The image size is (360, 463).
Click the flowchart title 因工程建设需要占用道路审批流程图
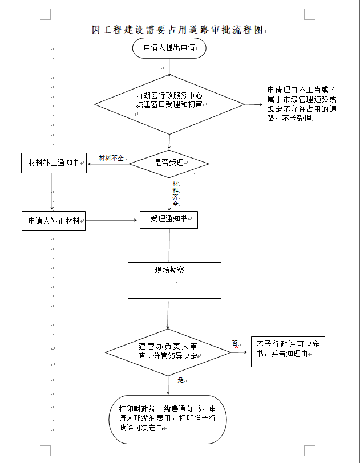tap(178, 30)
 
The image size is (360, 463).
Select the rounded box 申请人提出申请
tap(169, 48)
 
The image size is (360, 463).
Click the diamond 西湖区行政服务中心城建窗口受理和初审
tap(169, 104)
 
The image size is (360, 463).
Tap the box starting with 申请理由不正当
tap(301, 104)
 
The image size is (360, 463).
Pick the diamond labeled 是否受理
tap(169, 163)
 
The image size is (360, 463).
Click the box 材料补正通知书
tap(53, 163)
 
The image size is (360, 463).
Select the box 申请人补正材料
tap(53, 220)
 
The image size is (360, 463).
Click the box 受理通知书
tap(169, 219)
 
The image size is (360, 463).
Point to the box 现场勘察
tap(174, 280)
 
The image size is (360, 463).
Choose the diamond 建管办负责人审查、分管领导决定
tap(168, 351)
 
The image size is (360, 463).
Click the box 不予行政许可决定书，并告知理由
tap(288, 350)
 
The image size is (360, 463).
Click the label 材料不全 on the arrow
tap(111, 158)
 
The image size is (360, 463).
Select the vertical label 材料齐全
tap(176, 193)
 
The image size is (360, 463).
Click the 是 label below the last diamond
tap(181, 379)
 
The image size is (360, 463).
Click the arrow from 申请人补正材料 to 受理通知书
tap(113, 220)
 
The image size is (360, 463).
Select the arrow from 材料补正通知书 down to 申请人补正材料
tap(52, 192)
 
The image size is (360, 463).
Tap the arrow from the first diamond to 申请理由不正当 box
tap(253, 105)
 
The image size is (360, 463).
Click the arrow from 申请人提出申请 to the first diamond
tap(169, 66)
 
